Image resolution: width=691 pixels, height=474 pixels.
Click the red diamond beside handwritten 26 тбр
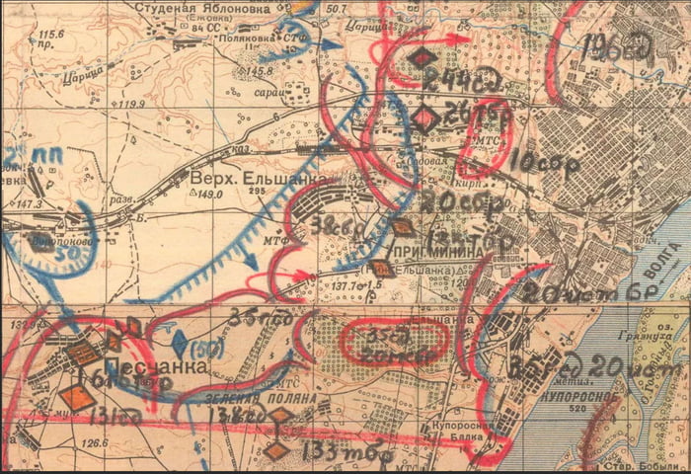(425, 118)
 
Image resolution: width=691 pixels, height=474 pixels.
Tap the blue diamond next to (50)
(181, 345)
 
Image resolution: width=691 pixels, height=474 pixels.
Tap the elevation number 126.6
(95, 443)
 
